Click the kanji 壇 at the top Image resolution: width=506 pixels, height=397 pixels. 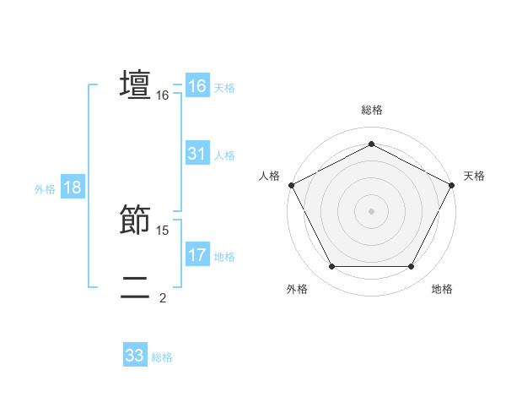[136, 85]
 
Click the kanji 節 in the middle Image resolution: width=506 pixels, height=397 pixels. [136, 220]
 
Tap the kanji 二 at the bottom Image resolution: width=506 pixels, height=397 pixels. [136, 287]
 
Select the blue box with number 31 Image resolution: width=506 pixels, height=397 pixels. [197, 154]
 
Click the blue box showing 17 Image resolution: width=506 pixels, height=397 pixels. [197, 255]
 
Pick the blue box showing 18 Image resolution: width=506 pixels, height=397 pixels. [73, 188]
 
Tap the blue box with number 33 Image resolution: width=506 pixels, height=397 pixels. [135, 356]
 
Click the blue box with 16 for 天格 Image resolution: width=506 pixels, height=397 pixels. [197, 86]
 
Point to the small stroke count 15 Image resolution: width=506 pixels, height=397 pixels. [163, 230]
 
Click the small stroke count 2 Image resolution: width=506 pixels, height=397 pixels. [163, 297]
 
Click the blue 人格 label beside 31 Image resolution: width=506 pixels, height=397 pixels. [224, 155]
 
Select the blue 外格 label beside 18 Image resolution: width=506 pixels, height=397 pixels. [45, 189]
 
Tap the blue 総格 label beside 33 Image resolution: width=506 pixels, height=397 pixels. [162, 357]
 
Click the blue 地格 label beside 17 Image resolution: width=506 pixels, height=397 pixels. [224, 257]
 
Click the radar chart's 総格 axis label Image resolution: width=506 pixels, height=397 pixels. [372, 110]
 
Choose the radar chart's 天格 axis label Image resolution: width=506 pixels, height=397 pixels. [474, 176]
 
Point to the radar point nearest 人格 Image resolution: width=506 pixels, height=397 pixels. [292, 184]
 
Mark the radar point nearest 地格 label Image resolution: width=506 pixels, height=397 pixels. [412, 267]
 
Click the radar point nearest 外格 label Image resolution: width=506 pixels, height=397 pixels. [331, 267]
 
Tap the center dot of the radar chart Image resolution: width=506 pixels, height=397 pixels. [372, 210]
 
